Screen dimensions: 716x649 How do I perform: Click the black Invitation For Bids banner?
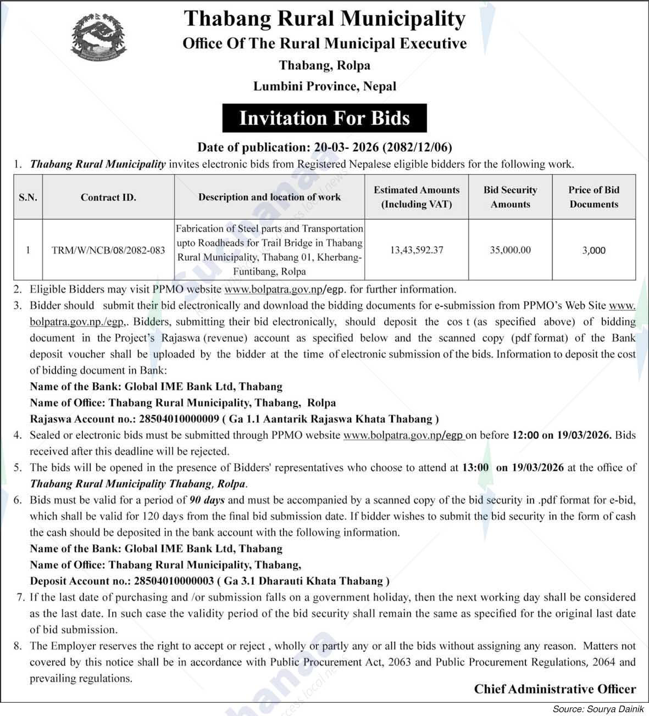(324, 119)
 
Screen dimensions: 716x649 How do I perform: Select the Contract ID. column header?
(108, 197)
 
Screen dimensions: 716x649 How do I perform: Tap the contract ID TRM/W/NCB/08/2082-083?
(108, 250)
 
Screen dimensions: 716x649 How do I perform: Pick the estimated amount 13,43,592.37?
(417, 250)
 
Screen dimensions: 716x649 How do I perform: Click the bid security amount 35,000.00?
(511, 250)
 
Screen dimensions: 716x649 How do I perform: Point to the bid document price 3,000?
(593, 250)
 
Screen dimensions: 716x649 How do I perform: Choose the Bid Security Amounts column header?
(511, 197)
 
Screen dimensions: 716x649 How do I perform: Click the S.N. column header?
(28, 197)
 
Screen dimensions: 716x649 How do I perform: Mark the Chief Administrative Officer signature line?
(555, 689)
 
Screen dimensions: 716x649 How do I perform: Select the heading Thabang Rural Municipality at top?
(324, 19)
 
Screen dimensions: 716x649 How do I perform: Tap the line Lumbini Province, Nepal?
(324, 86)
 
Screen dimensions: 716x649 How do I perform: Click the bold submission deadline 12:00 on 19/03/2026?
(561, 435)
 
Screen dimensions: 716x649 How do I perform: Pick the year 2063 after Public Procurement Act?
(399, 662)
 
